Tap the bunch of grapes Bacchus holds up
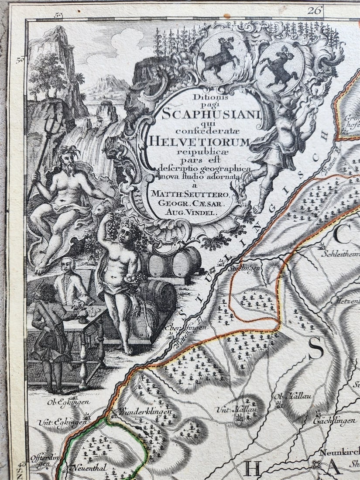(x=112, y=228)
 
